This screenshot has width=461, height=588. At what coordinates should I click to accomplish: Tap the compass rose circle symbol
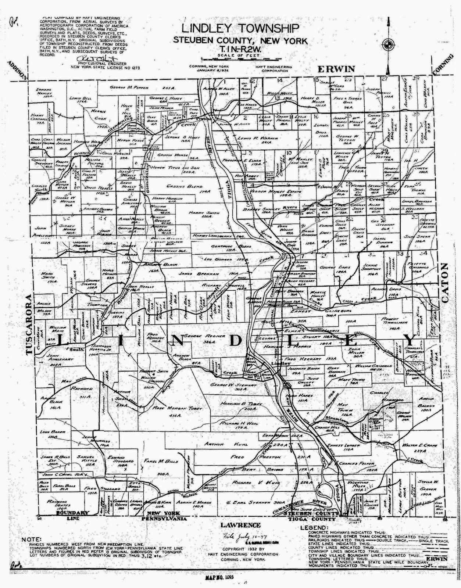tap(387, 45)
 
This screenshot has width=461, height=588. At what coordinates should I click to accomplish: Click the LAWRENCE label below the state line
tap(241, 525)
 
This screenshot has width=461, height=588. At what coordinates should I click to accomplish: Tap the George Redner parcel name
tap(203, 336)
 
